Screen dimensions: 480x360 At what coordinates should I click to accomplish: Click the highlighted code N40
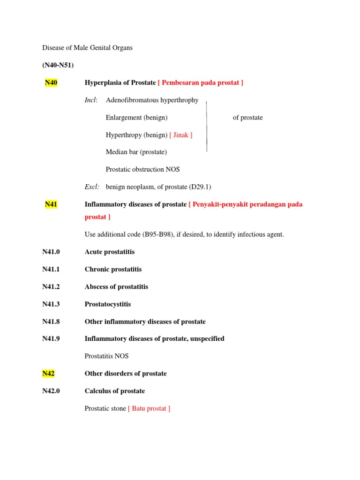[51, 83]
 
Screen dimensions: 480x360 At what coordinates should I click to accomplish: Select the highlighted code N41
[51, 204]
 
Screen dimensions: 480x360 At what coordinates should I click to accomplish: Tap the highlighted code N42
[48, 374]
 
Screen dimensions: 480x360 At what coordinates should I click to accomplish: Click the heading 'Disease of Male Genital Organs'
[88, 48]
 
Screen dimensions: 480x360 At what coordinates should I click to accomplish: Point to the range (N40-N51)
[58, 65]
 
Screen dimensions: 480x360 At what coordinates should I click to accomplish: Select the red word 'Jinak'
[181, 135]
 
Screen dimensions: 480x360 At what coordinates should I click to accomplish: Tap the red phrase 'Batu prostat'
[149, 409]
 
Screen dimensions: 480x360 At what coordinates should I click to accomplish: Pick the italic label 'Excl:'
[92, 187]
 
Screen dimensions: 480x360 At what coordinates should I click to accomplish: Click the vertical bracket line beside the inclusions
[207, 126]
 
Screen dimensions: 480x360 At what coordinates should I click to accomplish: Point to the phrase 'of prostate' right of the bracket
[247, 118]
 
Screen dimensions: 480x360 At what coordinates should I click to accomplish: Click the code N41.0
[51, 252]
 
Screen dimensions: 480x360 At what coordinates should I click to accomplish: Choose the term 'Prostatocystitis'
[108, 304]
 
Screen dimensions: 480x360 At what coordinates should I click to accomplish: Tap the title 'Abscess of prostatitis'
[116, 287]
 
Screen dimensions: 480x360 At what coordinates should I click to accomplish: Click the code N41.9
[51, 339]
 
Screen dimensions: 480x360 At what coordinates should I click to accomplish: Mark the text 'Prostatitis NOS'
[106, 356]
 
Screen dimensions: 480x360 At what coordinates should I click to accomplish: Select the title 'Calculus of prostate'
[115, 391]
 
